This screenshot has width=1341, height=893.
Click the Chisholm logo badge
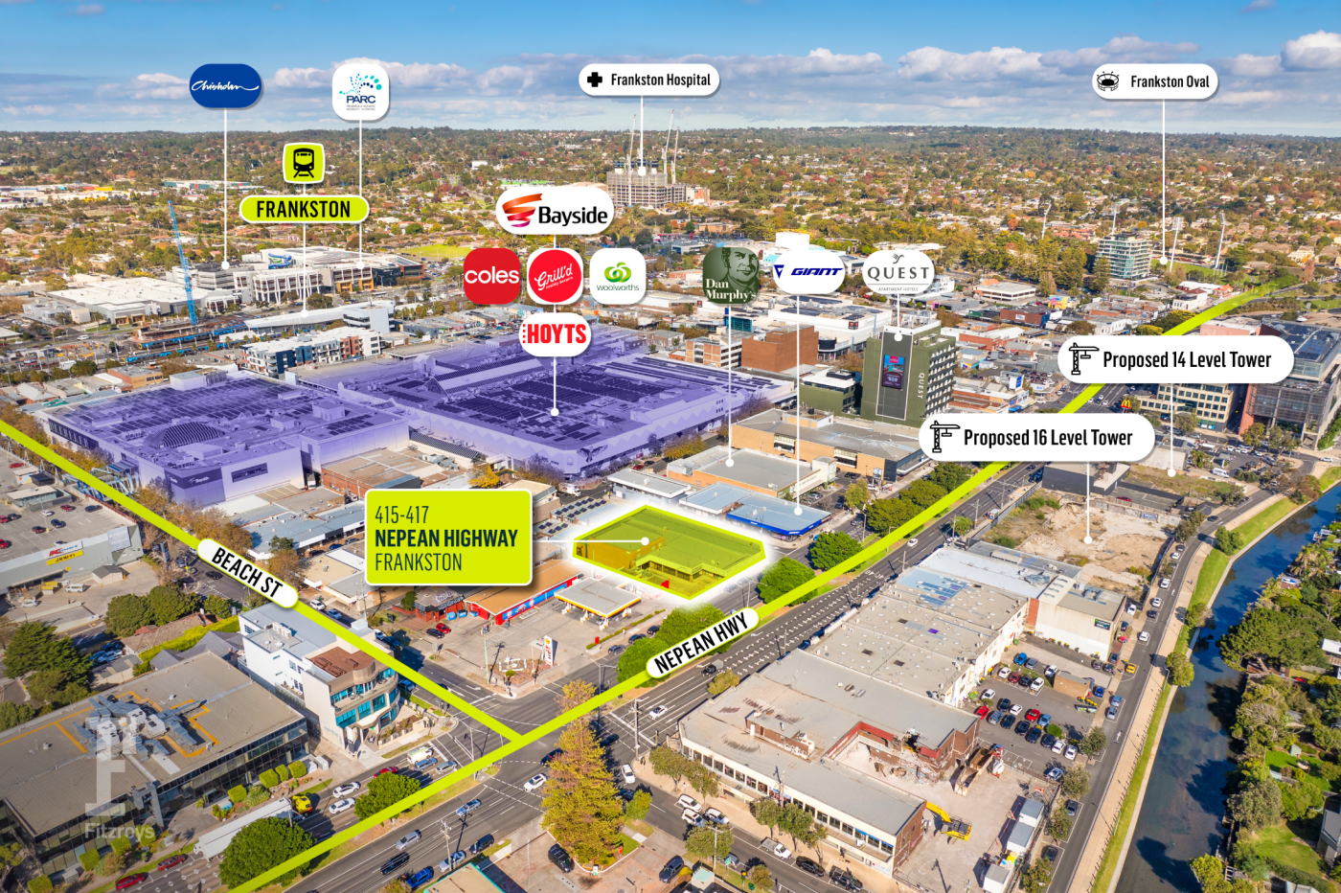click(x=225, y=86)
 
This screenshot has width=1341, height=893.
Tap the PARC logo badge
click(x=360, y=92)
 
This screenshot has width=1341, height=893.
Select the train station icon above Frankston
click(x=304, y=163)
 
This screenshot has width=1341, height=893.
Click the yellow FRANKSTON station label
click(x=304, y=209)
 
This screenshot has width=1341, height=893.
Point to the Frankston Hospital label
click(x=648, y=80)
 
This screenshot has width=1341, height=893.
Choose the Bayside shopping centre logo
click(x=556, y=212)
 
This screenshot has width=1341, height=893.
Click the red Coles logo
click(x=491, y=276)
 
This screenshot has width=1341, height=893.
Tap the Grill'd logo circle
click(x=555, y=277)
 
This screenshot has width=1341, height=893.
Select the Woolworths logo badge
click(x=618, y=277)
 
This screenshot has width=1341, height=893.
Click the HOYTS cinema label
click(x=556, y=334)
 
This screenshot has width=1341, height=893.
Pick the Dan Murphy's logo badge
click(x=731, y=275)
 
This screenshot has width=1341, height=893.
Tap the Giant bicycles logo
click(x=807, y=272)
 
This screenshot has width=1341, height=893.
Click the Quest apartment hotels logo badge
click(x=898, y=273)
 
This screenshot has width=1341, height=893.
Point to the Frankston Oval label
click(x=1155, y=81)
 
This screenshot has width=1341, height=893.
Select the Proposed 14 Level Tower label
click(x=1175, y=359)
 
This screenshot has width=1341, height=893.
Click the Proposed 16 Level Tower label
click(x=1036, y=438)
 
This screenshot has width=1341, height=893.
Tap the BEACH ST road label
click(x=247, y=572)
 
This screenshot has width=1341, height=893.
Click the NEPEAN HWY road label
click(x=701, y=643)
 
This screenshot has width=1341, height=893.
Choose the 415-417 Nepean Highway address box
click(x=448, y=538)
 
